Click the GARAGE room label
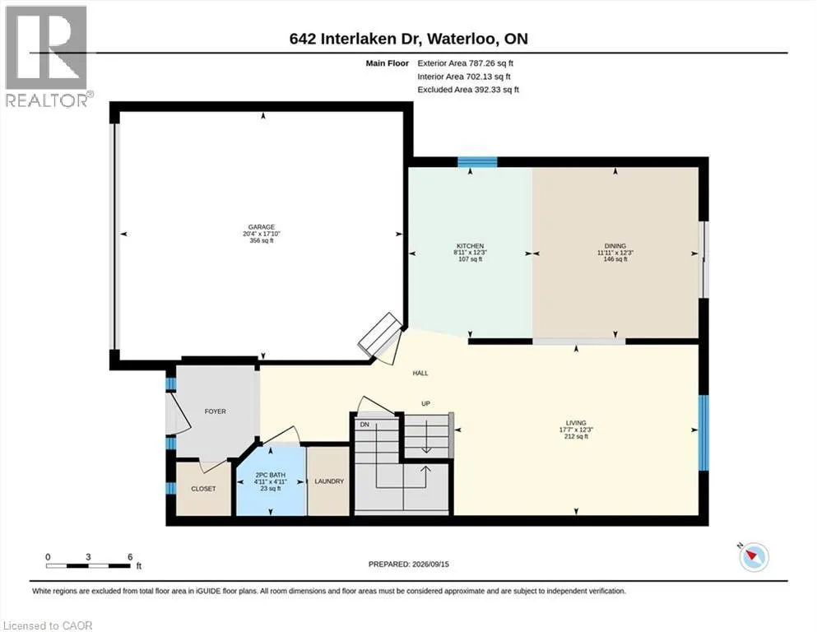[x=261, y=227]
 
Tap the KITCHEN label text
[x=470, y=246]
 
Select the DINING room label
[x=615, y=246]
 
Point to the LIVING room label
[x=576, y=423]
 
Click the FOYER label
[x=216, y=411]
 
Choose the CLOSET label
[x=203, y=489]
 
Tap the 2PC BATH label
[x=271, y=475]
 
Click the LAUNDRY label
[x=329, y=481]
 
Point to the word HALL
[x=420, y=373]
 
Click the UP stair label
[x=425, y=404]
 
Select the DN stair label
[x=364, y=425]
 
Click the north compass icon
[x=754, y=556]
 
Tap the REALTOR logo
[x=48, y=56]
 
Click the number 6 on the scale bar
[x=130, y=557]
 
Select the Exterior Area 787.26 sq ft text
[x=466, y=63]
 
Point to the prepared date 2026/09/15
[x=430, y=565]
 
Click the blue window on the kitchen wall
[x=477, y=162]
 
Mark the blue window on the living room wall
[x=703, y=433]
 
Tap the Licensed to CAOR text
[x=48, y=625]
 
